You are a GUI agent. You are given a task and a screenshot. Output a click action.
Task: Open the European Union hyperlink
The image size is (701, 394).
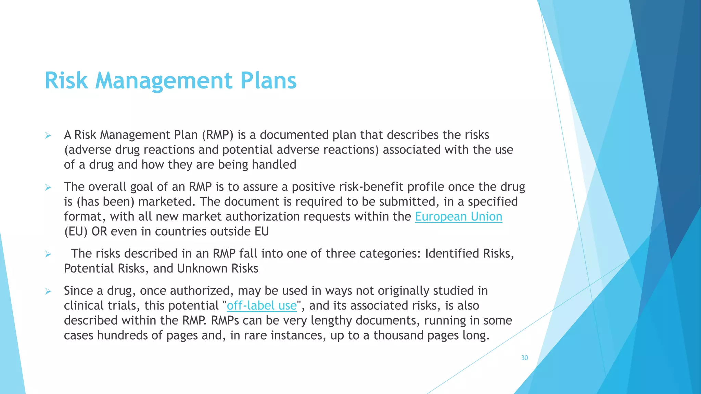click(458, 216)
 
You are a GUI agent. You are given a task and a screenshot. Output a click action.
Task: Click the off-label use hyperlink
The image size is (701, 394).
click(262, 305)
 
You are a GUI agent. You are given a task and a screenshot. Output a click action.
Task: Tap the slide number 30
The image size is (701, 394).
click(524, 358)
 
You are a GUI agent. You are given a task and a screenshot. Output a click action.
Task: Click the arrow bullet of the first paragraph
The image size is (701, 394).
click(48, 136)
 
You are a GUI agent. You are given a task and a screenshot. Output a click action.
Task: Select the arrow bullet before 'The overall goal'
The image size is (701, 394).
click(48, 187)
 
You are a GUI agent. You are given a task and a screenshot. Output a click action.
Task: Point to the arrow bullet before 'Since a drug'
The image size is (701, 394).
click(48, 291)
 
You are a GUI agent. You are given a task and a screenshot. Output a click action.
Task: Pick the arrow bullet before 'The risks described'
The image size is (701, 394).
click(48, 254)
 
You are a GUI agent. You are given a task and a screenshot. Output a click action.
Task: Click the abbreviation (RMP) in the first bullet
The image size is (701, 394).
click(217, 135)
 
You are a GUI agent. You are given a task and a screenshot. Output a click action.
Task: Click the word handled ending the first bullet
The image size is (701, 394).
click(274, 165)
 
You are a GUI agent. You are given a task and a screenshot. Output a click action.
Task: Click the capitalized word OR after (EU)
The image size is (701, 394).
click(99, 232)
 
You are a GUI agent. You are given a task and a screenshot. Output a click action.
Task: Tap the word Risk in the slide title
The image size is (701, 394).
click(66, 81)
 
